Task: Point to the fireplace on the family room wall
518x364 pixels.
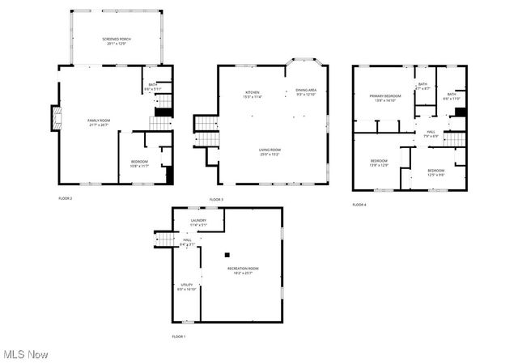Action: (x=57, y=118)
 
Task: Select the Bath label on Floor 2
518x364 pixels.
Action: (x=151, y=87)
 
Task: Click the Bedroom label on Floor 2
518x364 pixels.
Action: (x=139, y=163)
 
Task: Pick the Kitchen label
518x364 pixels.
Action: (x=253, y=94)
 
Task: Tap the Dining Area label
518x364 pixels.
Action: (x=306, y=92)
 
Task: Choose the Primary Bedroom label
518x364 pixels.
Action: (x=386, y=99)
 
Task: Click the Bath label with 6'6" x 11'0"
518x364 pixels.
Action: (x=451, y=96)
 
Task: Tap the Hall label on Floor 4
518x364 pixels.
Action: (x=431, y=134)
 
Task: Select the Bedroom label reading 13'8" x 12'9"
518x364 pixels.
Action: (x=380, y=163)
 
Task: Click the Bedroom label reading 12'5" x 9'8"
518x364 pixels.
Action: (x=435, y=172)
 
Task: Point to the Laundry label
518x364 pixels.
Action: (x=197, y=222)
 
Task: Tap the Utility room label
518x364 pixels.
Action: (x=186, y=286)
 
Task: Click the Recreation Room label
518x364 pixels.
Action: (x=242, y=270)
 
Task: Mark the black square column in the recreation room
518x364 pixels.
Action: (x=228, y=251)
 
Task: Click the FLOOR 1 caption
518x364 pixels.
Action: (x=178, y=336)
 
